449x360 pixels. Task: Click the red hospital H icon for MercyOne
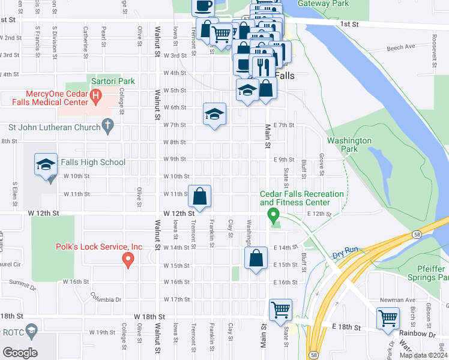coord(95,95)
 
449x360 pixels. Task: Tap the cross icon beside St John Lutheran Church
coord(107,127)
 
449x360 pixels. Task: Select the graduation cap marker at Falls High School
coord(45,164)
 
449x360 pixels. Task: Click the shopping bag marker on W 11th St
coord(200,196)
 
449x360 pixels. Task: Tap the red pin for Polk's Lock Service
coord(127,259)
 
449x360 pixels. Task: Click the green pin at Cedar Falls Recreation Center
coord(273,214)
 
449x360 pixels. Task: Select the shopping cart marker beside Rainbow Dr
coord(388,317)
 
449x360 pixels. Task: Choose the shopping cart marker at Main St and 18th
coord(280,310)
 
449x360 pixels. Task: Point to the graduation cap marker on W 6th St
coord(214,113)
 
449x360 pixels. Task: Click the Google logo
coord(20,353)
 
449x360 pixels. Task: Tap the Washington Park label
coord(349,145)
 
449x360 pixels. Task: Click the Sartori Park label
coord(113,81)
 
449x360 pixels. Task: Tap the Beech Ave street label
coord(401,47)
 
